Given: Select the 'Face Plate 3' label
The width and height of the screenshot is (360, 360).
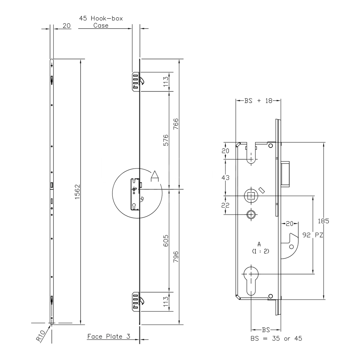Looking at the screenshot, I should tap(108, 337).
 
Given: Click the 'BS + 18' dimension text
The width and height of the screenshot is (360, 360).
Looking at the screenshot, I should tap(258, 101).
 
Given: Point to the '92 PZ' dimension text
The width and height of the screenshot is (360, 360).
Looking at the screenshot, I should tap(312, 235).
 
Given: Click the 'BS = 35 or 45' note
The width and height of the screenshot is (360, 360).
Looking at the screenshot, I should tap(276, 338).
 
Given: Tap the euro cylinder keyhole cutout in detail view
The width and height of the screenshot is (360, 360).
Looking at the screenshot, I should tap(251, 279).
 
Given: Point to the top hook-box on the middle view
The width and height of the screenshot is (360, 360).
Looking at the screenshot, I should tap(136, 81).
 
